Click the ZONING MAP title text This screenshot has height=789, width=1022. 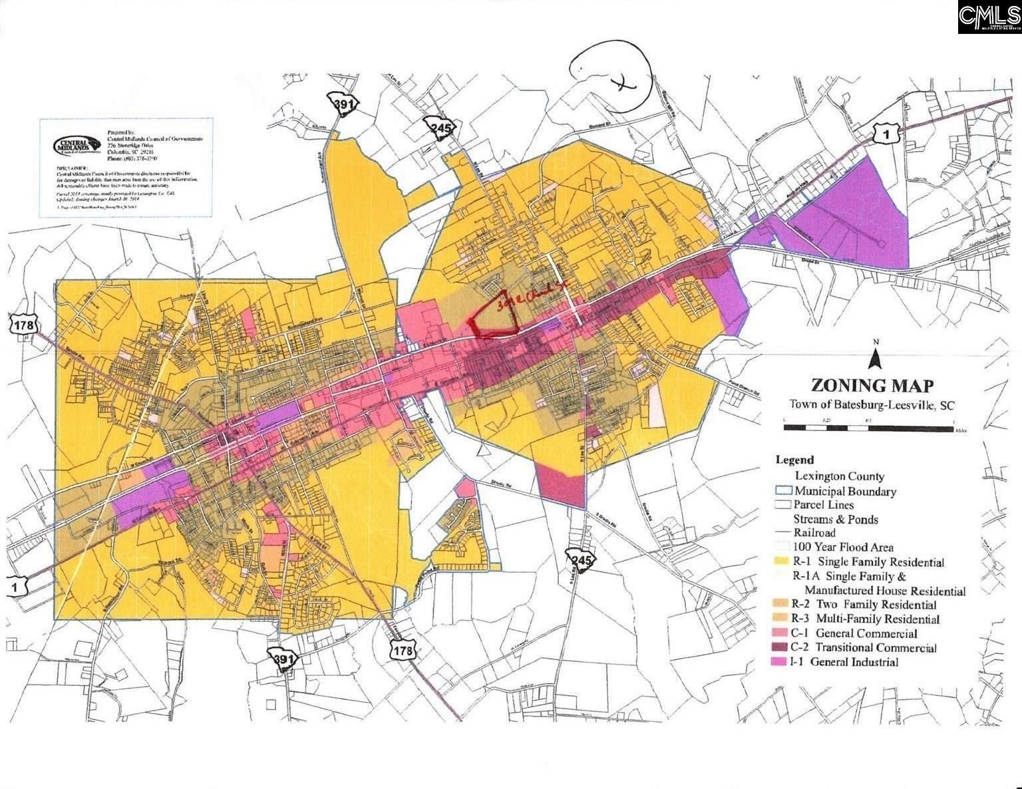tap(872, 385)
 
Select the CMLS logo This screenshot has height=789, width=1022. tap(989, 17)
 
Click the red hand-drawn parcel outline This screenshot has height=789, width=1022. tap(495, 316)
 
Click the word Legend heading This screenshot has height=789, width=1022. tap(794, 460)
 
